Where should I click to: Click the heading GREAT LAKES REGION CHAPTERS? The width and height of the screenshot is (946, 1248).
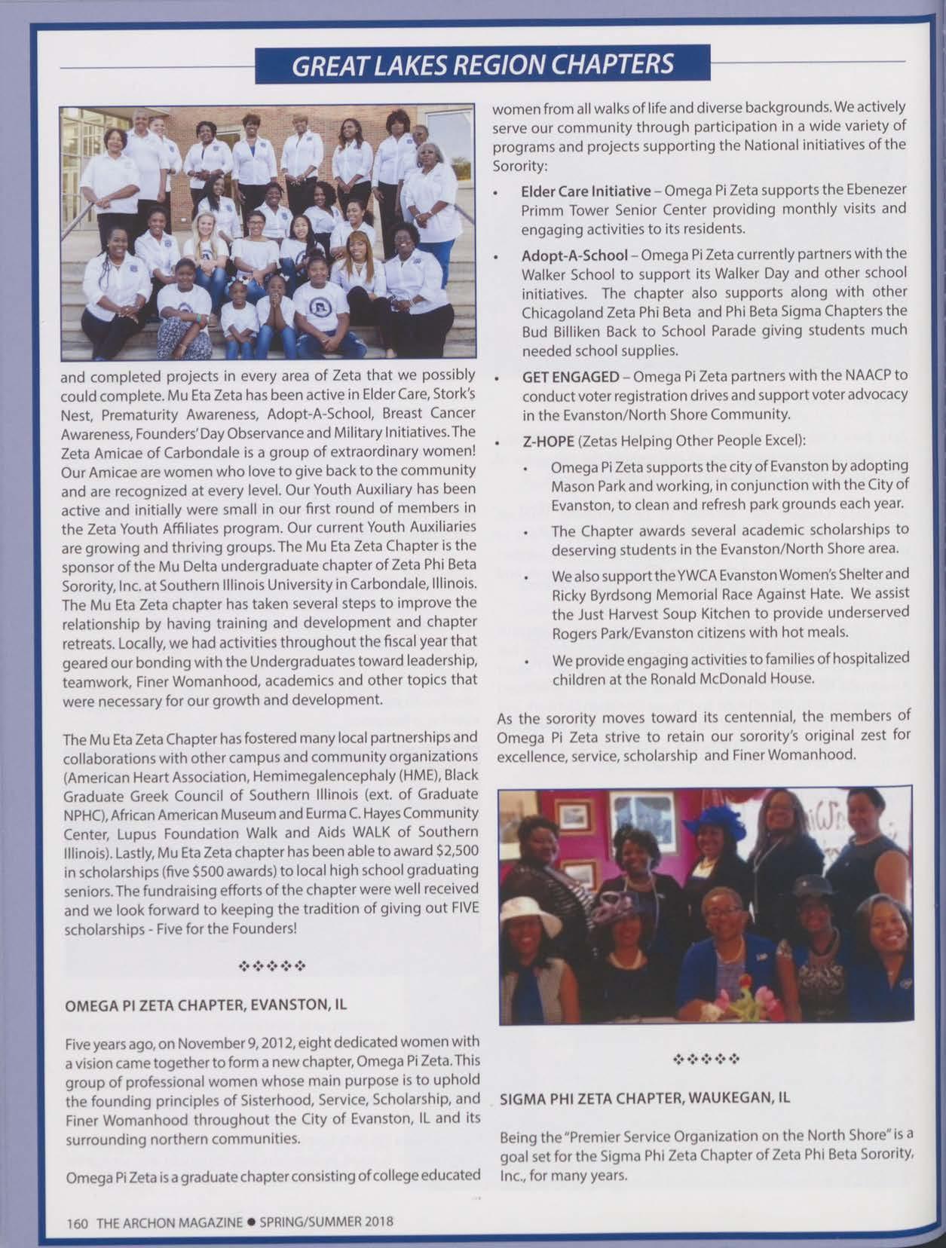coord(482,64)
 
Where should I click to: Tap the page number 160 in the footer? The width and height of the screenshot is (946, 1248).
coord(78,1222)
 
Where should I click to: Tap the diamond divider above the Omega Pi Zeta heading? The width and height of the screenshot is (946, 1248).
coord(271,965)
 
